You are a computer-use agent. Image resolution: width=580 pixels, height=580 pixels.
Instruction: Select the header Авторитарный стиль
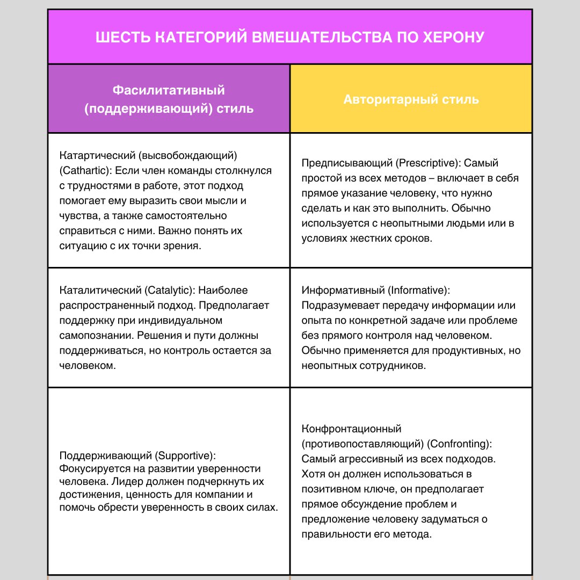coord(411,99)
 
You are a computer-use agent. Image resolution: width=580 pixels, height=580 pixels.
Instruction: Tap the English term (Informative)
coord(418,290)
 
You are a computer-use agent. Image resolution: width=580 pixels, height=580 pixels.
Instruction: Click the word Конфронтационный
coord(352,429)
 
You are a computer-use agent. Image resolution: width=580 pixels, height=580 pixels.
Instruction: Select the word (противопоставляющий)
coord(363,444)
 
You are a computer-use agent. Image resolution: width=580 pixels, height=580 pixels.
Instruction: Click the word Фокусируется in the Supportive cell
coord(90,468)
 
